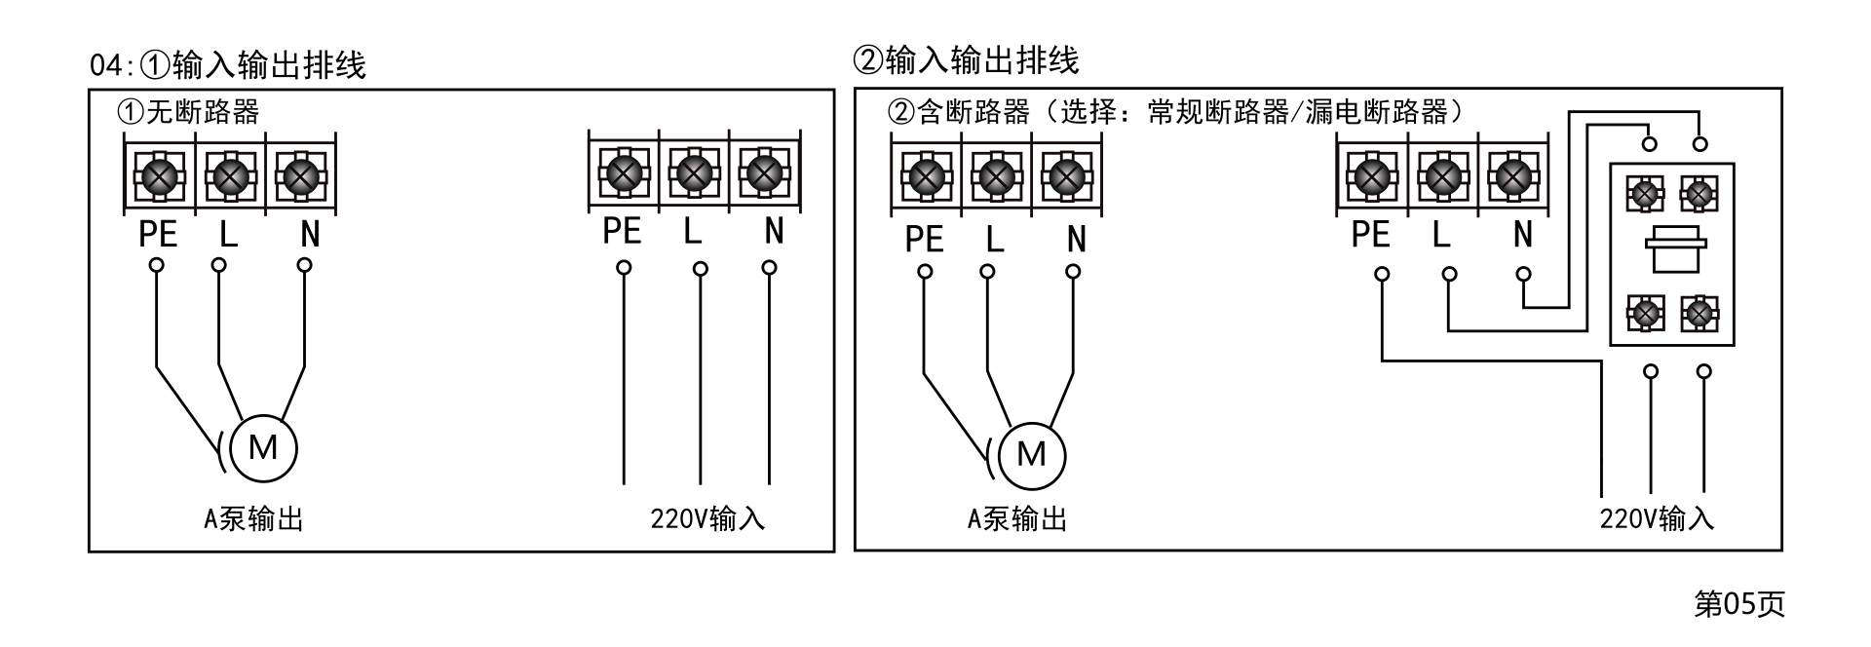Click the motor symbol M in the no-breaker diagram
pos(263,449)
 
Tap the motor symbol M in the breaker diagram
pos(1031,455)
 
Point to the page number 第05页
pos(1738,604)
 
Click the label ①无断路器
pos(188,112)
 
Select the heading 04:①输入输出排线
pos(228,65)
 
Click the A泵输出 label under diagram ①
pos(253,519)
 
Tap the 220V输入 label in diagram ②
pos(1657,518)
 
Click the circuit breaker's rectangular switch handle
pos(1673,251)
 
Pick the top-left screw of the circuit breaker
pos(1646,195)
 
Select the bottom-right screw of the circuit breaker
pos(1699,314)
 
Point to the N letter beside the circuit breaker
pos(1523,235)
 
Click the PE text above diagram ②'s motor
pos(924,239)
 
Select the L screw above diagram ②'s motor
pos(995,177)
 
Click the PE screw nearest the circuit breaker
pos(1372,177)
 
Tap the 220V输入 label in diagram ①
pos(707,519)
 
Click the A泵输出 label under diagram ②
pos(1017,519)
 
